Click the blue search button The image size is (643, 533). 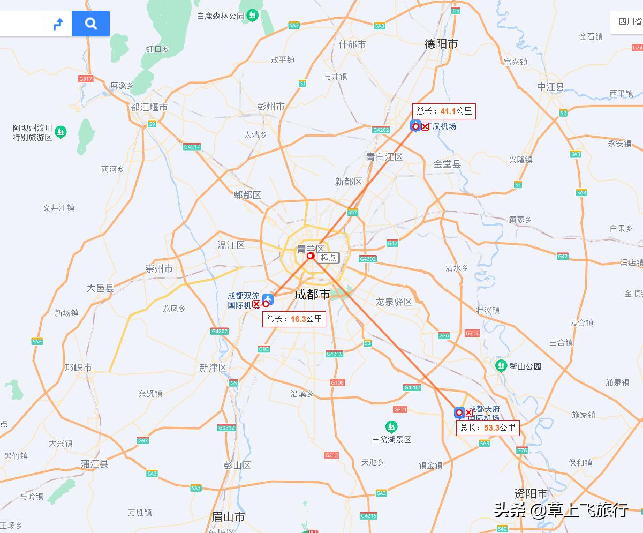click(90, 24)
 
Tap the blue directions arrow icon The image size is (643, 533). click(58, 24)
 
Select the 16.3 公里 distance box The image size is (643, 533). click(294, 319)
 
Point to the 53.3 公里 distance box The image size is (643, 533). click(488, 427)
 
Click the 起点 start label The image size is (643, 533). click(328, 258)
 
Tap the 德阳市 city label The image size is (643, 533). click(441, 44)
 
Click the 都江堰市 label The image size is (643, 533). click(149, 107)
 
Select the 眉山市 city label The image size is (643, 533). click(228, 517)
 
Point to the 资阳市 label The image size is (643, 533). click(531, 493)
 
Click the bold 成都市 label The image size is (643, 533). click(312, 295)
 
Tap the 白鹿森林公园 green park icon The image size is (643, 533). click(253, 16)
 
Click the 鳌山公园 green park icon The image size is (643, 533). click(501, 366)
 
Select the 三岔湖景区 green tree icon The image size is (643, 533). click(391, 426)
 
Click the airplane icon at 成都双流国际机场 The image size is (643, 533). click(267, 299)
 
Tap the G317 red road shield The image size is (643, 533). click(86, 79)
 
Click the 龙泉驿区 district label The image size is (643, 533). click(394, 302)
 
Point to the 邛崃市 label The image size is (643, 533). click(78, 367)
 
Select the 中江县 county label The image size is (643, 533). click(551, 87)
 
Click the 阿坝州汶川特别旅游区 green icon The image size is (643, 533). click(61, 131)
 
